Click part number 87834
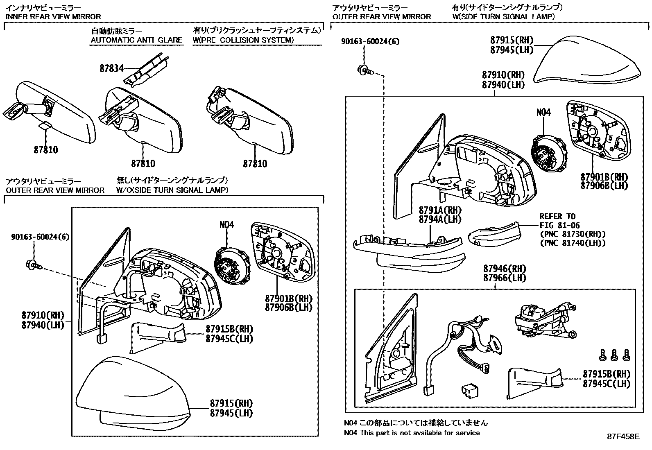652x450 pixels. coord(111,68)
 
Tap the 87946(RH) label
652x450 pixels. coord(504,269)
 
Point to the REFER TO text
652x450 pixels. coord(557,217)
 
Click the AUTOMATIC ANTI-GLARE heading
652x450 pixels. coord(136,40)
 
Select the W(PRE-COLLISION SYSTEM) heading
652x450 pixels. coord(243,40)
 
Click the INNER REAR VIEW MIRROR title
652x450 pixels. coord(53,17)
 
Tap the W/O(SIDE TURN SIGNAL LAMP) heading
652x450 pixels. coord(172,190)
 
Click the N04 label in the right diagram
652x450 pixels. coord(543,112)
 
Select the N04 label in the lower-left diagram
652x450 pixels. coord(226,225)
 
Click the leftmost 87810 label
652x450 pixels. coord(46,150)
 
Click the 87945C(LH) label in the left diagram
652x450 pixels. coord(229,339)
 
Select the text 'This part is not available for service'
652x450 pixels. coord(420,433)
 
